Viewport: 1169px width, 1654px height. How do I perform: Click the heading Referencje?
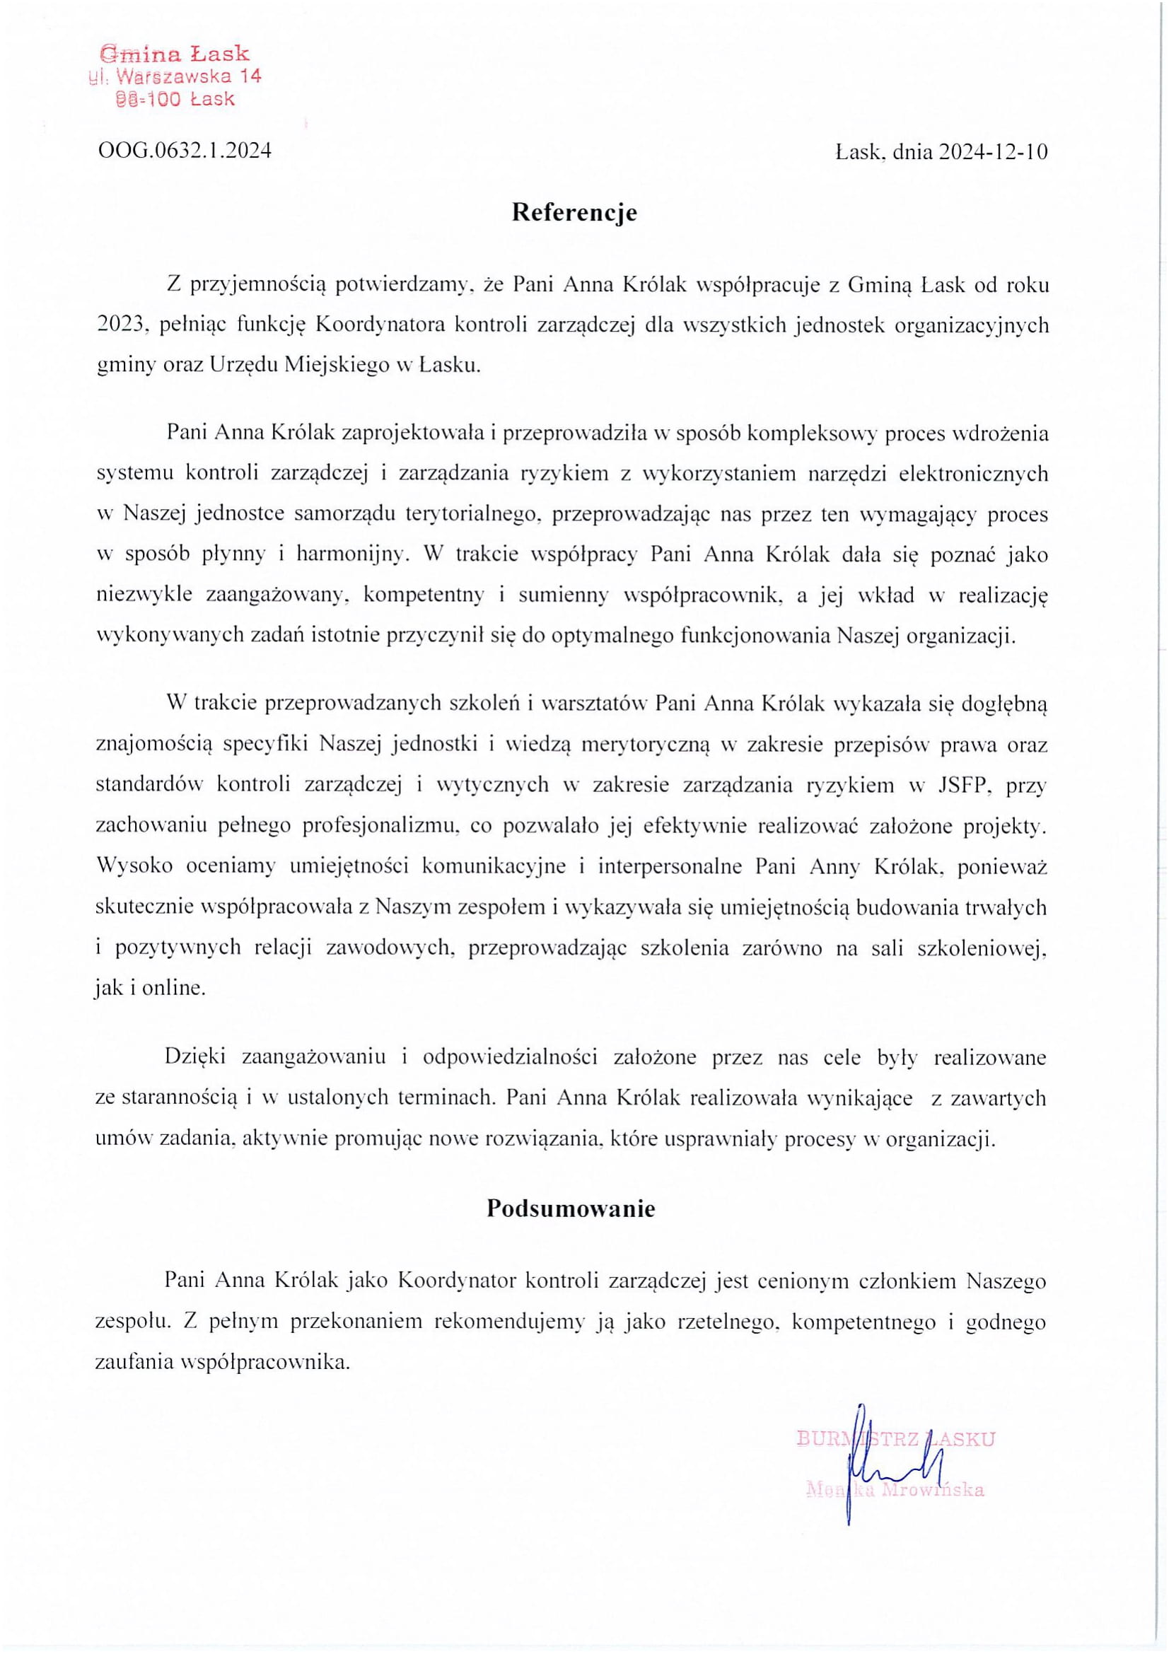(574, 214)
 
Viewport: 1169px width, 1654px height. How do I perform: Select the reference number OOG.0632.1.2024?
(185, 151)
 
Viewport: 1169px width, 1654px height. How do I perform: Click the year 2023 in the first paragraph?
(121, 325)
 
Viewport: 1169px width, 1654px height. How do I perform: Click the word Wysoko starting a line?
(134, 866)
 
